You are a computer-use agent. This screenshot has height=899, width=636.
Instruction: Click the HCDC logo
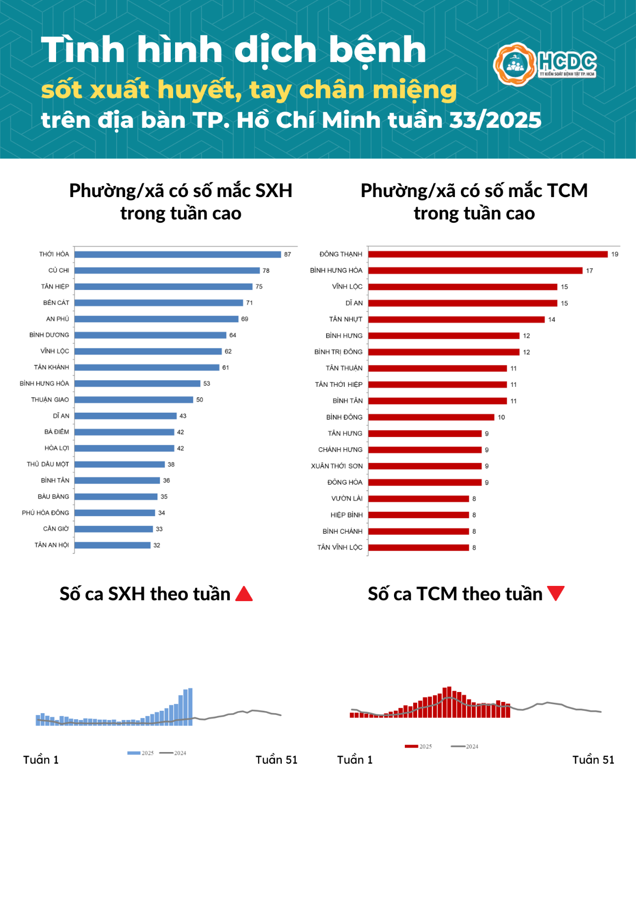pos(545,64)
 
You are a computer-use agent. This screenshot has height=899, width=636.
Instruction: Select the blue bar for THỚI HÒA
pos(178,254)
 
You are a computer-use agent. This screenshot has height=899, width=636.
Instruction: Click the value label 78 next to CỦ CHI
pos(266,271)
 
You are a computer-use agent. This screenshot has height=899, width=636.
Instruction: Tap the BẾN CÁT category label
pos(56,303)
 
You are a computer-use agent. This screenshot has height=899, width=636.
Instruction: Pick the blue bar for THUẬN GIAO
pos(134,400)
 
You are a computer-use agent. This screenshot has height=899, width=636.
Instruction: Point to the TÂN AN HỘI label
pos(52,545)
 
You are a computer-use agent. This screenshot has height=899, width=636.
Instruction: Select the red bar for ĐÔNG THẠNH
pos(488,254)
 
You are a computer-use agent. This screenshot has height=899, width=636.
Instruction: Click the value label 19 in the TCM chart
pos(615,254)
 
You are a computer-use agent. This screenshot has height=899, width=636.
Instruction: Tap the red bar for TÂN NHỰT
pos(456,319)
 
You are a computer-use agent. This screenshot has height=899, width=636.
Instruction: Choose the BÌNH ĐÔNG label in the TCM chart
pos(344,417)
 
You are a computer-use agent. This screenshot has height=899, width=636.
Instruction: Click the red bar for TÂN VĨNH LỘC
pos(419,548)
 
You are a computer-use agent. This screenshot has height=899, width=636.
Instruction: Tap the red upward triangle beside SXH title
pos(244,594)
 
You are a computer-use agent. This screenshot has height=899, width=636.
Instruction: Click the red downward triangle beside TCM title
pos(556,593)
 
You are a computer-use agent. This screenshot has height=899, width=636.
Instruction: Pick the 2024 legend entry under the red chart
pos(465,747)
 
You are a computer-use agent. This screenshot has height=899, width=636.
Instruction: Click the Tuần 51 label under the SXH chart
pos(276,760)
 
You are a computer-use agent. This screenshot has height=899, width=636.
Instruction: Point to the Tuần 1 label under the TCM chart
pos(355,760)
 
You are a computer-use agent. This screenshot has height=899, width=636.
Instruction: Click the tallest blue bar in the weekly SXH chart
pos(190,707)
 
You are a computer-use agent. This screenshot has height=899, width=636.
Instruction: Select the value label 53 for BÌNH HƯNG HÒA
pos(207,383)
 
